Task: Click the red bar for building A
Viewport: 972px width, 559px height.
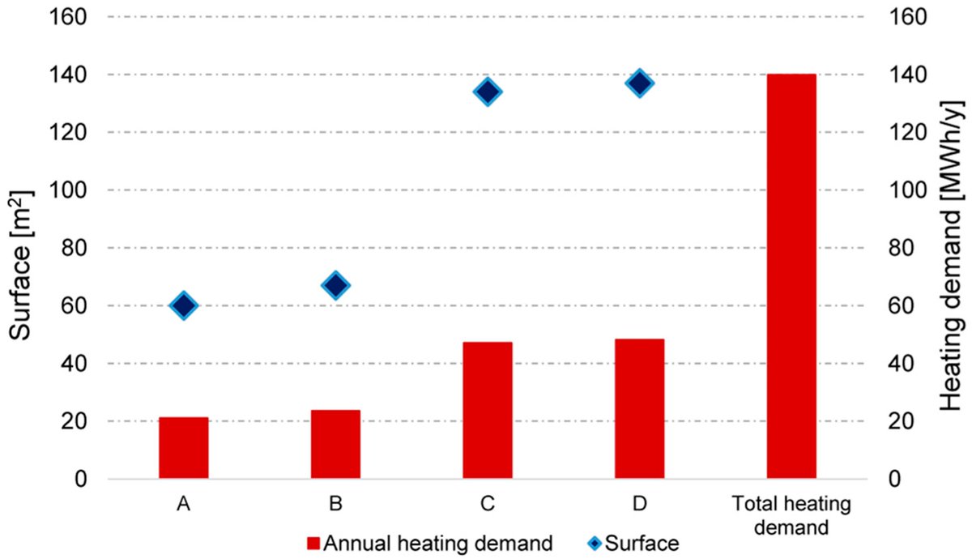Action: pos(183,448)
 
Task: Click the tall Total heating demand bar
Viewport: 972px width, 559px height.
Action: pos(791,276)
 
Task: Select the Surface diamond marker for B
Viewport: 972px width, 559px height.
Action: pos(335,285)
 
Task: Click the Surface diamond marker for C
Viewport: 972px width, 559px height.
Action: pos(487,92)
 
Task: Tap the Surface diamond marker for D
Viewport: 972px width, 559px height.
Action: pos(639,83)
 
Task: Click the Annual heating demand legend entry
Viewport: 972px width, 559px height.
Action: pos(429,544)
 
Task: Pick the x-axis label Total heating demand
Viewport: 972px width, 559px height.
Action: pos(791,516)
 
